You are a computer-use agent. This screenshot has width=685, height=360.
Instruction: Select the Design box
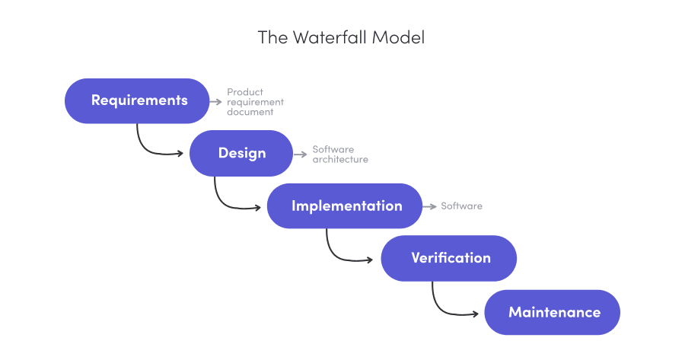[x=241, y=153]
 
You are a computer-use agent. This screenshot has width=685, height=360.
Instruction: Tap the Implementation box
[x=345, y=205]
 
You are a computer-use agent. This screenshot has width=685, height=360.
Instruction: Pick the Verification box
[x=449, y=258]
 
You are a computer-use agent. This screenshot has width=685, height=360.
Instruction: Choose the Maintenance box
[x=553, y=312]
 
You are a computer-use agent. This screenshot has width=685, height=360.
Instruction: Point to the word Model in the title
[x=398, y=37]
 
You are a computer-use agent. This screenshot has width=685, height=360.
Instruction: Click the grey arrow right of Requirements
[x=216, y=100]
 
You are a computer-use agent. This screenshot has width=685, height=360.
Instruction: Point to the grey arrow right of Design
[x=301, y=154]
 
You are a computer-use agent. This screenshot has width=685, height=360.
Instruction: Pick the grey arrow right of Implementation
[x=430, y=206]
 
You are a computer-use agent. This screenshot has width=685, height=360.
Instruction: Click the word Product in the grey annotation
[x=245, y=92]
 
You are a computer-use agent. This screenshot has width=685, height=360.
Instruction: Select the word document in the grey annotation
[x=250, y=112]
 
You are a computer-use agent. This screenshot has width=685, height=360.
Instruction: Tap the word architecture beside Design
[x=340, y=160]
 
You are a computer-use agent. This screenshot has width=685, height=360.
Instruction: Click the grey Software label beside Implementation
[x=461, y=206]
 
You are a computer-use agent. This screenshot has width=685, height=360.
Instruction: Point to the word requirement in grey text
[x=255, y=102]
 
